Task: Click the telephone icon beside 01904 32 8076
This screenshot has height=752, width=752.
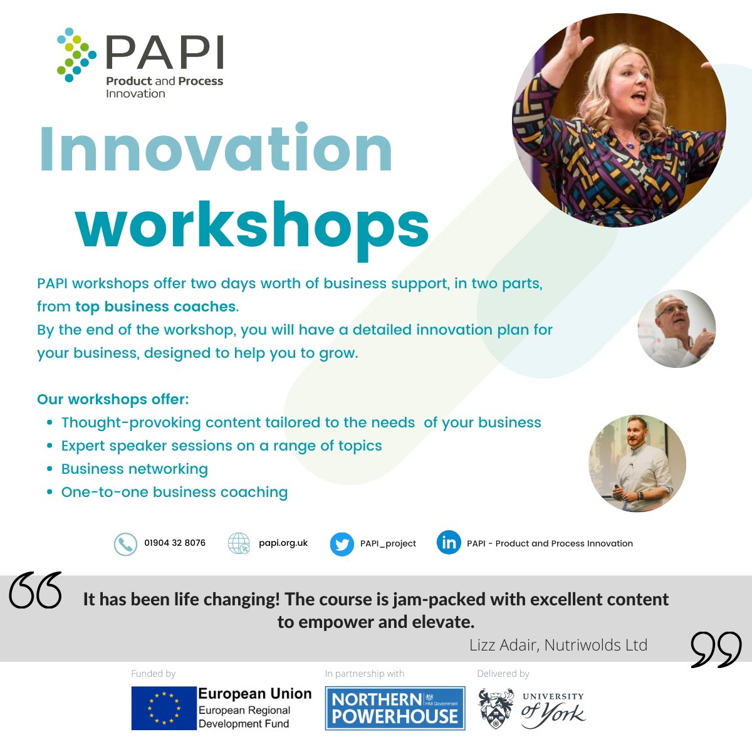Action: (x=125, y=544)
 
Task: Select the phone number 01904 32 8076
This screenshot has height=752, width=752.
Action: (x=175, y=543)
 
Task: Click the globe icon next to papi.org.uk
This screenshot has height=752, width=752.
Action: (x=239, y=544)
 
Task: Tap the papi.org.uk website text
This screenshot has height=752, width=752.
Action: (x=283, y=543)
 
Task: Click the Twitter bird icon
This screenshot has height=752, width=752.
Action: (x=342, y=544)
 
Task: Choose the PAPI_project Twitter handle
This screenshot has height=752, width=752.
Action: (x=388, y=543)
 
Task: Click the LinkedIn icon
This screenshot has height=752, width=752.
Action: (x=449, y=543)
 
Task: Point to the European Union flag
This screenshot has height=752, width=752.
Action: (x=164, y=708)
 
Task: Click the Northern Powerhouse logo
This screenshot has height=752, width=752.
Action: (x=395, y=708)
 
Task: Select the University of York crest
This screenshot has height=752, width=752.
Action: (x=496, y=709)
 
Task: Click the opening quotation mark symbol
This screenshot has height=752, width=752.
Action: (x=36, y=590)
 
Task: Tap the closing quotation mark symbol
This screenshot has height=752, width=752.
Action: (x=716, y=649)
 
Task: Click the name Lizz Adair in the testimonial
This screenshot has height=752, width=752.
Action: (x=504, y=645)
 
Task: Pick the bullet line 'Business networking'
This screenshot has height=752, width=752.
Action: (x=135, y=469)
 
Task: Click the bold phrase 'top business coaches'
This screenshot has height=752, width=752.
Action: (x=155, y=306)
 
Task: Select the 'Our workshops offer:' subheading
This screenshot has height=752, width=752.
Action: (x=113, y=399)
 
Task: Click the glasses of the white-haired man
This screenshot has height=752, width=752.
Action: (x=672, y=310)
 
